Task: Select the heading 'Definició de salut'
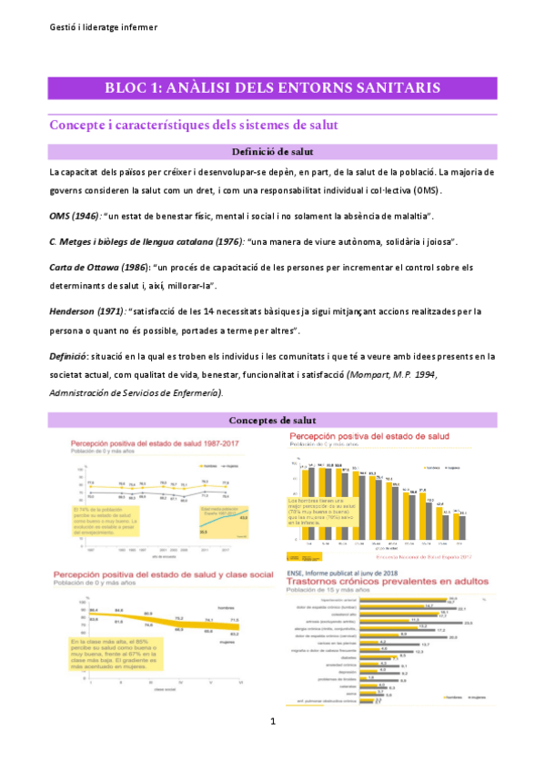coord(273,151)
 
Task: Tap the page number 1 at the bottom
coord(273,747)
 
